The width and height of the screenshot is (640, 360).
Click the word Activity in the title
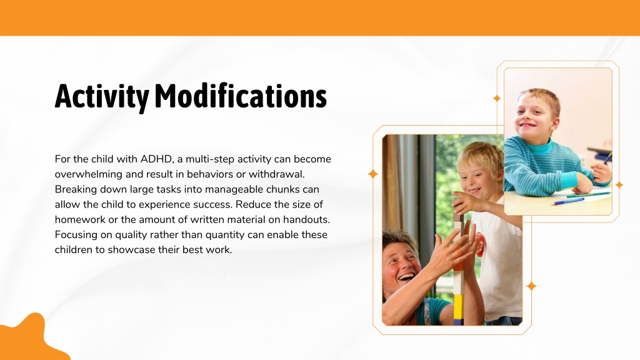(x=102, y=97)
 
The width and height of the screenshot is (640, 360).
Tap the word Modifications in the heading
(x=241, y=96)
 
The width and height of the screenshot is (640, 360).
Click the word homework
(x=80, y=219)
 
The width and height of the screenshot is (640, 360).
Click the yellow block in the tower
(x=458, y=306)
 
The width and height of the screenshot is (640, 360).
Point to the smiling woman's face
(x=401, y=265)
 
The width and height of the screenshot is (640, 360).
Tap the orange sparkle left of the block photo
(x=372, y=174)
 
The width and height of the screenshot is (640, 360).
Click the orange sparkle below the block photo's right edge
(x=531, y=286)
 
